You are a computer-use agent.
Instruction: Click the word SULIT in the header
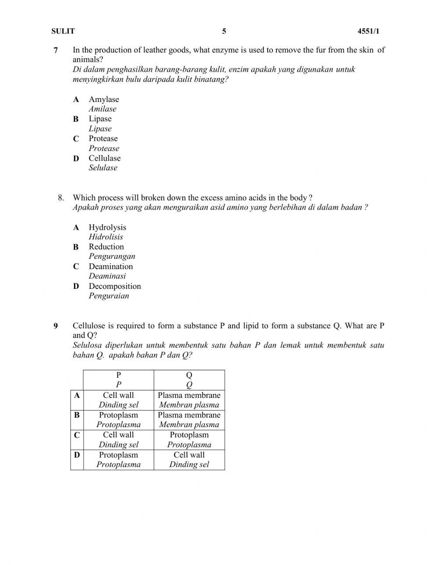point(63,31)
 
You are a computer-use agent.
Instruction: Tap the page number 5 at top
point(224,31)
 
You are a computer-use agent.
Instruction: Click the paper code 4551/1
point(368,31)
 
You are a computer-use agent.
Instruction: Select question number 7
point(56,50)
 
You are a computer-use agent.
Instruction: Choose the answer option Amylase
point(104,99)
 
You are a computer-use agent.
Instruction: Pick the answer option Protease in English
point(103,138)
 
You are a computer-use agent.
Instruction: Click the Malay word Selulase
point(103,168)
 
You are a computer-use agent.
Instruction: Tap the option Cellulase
point(104,158)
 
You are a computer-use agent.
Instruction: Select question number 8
point(61,198)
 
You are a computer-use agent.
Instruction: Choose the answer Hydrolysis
point(107,227)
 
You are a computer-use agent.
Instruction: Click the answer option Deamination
point(110,266)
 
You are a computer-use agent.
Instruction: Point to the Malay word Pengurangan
point(112,256)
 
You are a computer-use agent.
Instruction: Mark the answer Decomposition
point(115,286)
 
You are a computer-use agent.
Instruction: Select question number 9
point(56,326)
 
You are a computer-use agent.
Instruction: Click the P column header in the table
point(118,379)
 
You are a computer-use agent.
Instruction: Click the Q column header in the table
point(189,379)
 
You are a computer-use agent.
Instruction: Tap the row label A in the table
point(77,396)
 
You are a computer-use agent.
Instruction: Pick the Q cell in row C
point(189,440)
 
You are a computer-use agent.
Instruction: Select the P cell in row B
point(118,420)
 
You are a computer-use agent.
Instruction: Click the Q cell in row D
point(189,460)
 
